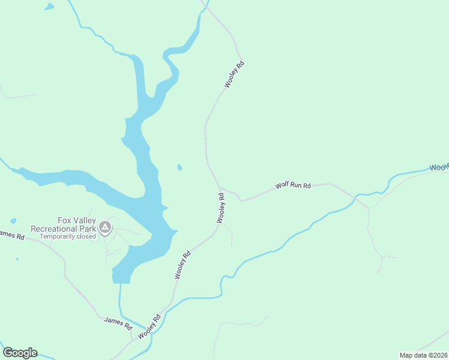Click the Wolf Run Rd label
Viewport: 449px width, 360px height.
(x=293, y=185)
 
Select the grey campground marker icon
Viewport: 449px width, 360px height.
(x=105, y=227)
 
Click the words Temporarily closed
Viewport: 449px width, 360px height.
(x=68, y=236)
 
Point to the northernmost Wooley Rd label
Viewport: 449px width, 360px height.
(x=235, y=75)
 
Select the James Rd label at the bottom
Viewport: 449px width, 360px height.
(x=118, y=324)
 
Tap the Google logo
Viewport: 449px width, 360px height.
(x=20, y=353)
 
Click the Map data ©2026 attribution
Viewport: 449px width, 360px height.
(x=423, y=355)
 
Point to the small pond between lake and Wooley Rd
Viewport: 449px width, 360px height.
(x=179, y=167)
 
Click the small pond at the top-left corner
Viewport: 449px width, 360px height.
(x=49, y=7)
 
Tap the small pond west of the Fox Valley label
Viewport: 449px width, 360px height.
(x=13, y=221)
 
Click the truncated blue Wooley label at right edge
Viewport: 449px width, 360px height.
(x=439, y=167)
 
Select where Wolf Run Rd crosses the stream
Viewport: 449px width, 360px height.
(x=368, y=208)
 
